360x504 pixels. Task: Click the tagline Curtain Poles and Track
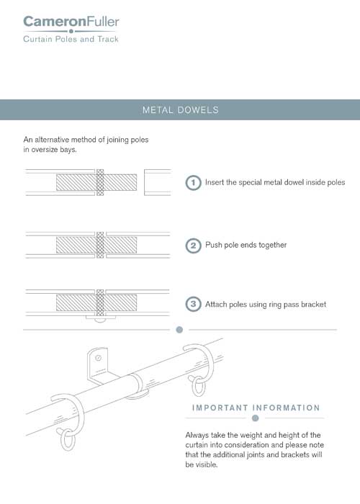coord(71,39)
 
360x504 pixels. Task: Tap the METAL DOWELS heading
coord(180,110)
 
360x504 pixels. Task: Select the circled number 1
coord(193,183)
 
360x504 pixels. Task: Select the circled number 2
coord(193,245)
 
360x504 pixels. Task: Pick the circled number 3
coord(193,305)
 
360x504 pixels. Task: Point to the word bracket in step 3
coord(313,305)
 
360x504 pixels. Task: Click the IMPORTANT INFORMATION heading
coord(256,408)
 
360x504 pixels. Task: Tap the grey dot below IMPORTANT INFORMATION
coord(255,418)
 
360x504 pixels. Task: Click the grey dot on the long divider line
coord(180,330)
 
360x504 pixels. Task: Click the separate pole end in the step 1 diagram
coord(157,182)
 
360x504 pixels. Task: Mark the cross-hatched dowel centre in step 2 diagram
coord(100,246)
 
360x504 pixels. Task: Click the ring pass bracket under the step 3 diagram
coord(100,315)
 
